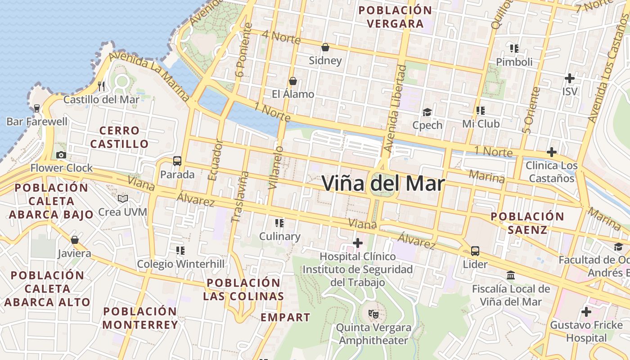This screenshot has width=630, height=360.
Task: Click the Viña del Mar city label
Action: (383, 183)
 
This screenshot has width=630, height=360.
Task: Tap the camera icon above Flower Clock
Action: (61, 155)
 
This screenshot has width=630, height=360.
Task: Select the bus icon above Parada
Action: (177, 161)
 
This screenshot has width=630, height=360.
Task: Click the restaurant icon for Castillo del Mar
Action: (101, 86)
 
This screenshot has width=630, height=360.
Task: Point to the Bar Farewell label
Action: (37, 121)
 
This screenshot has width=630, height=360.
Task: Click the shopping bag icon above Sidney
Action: (325, 47)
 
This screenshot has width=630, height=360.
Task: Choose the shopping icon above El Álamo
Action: (293, 81)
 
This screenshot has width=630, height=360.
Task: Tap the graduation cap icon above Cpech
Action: (427, 112)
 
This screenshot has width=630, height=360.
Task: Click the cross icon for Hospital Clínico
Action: (358, 243)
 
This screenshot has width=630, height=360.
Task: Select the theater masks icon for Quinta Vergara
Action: (373, 314)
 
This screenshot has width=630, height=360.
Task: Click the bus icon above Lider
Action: (475, 251)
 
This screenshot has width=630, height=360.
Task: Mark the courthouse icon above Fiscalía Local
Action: (511, 275)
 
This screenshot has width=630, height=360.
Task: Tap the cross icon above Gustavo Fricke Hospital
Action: (586, 311)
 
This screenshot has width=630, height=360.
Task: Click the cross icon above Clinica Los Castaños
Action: (551, 152)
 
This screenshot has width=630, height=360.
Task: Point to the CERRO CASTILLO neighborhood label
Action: (119, 137)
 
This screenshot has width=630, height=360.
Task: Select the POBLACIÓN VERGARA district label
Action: (395, 17)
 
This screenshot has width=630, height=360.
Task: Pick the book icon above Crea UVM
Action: (122, 198)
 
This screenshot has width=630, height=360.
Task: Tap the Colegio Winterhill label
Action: (180, 264)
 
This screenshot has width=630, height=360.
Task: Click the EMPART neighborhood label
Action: (285, 317)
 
